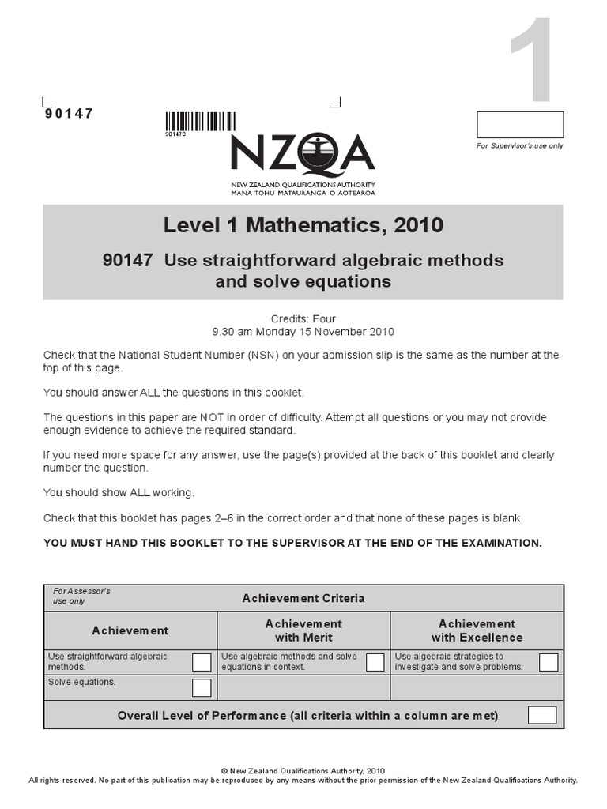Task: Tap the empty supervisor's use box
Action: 520,125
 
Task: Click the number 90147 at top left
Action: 69,113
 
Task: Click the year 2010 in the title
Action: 418,226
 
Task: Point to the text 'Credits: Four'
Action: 303,319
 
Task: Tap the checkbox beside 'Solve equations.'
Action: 202,687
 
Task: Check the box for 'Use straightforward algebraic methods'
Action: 202,662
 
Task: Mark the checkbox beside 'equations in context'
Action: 375,662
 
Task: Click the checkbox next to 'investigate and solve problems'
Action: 549,662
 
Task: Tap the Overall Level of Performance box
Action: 541,716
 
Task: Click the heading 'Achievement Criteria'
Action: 303,598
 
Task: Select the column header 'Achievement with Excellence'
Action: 477,630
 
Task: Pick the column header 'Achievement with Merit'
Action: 303,630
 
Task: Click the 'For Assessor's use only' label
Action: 81,596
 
